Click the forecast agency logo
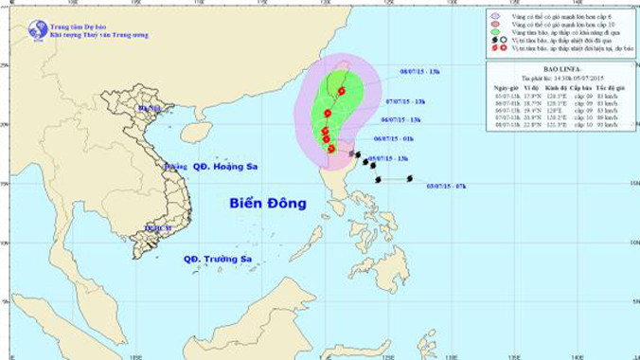pyautogui.click(x=38, y=29)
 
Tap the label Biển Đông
pyautogui.click(x=268, y=203)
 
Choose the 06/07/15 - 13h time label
pyautogui.click(x=399, y=119)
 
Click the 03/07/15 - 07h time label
pyautogui.click(x=445, y=187)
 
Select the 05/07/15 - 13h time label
pyautogui.click(x=387, y=158)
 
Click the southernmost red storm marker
pyautogui.click(x=331, y=149)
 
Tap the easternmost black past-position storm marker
pyautogui.click(x=410, y=178)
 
